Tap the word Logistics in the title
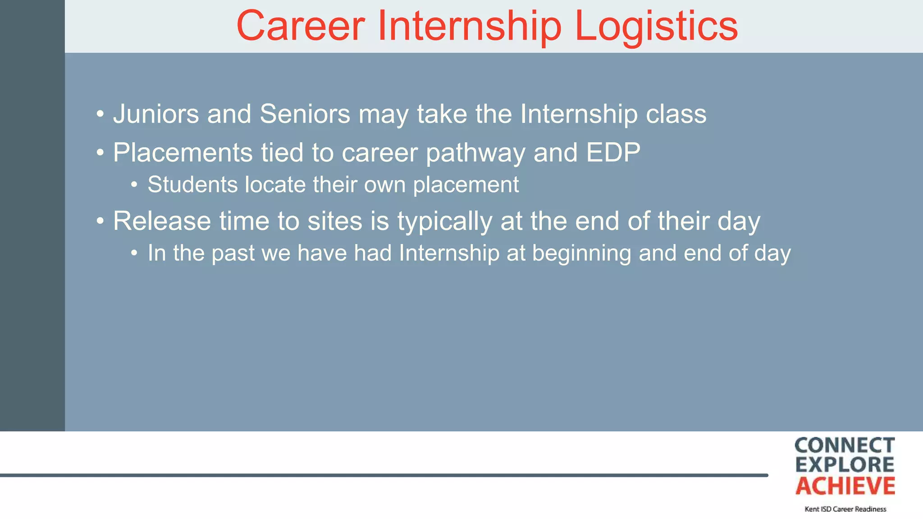click(656, 27)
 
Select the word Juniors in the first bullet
click(156, 114)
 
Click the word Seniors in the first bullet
click(305, 114)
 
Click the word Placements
click(183, 152)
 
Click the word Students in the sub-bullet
click(192, 185)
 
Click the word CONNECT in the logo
click(845, 446)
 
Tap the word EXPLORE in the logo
click(845, 465)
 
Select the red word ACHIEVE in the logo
click(845, 486)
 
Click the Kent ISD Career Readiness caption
click(845, 509)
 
